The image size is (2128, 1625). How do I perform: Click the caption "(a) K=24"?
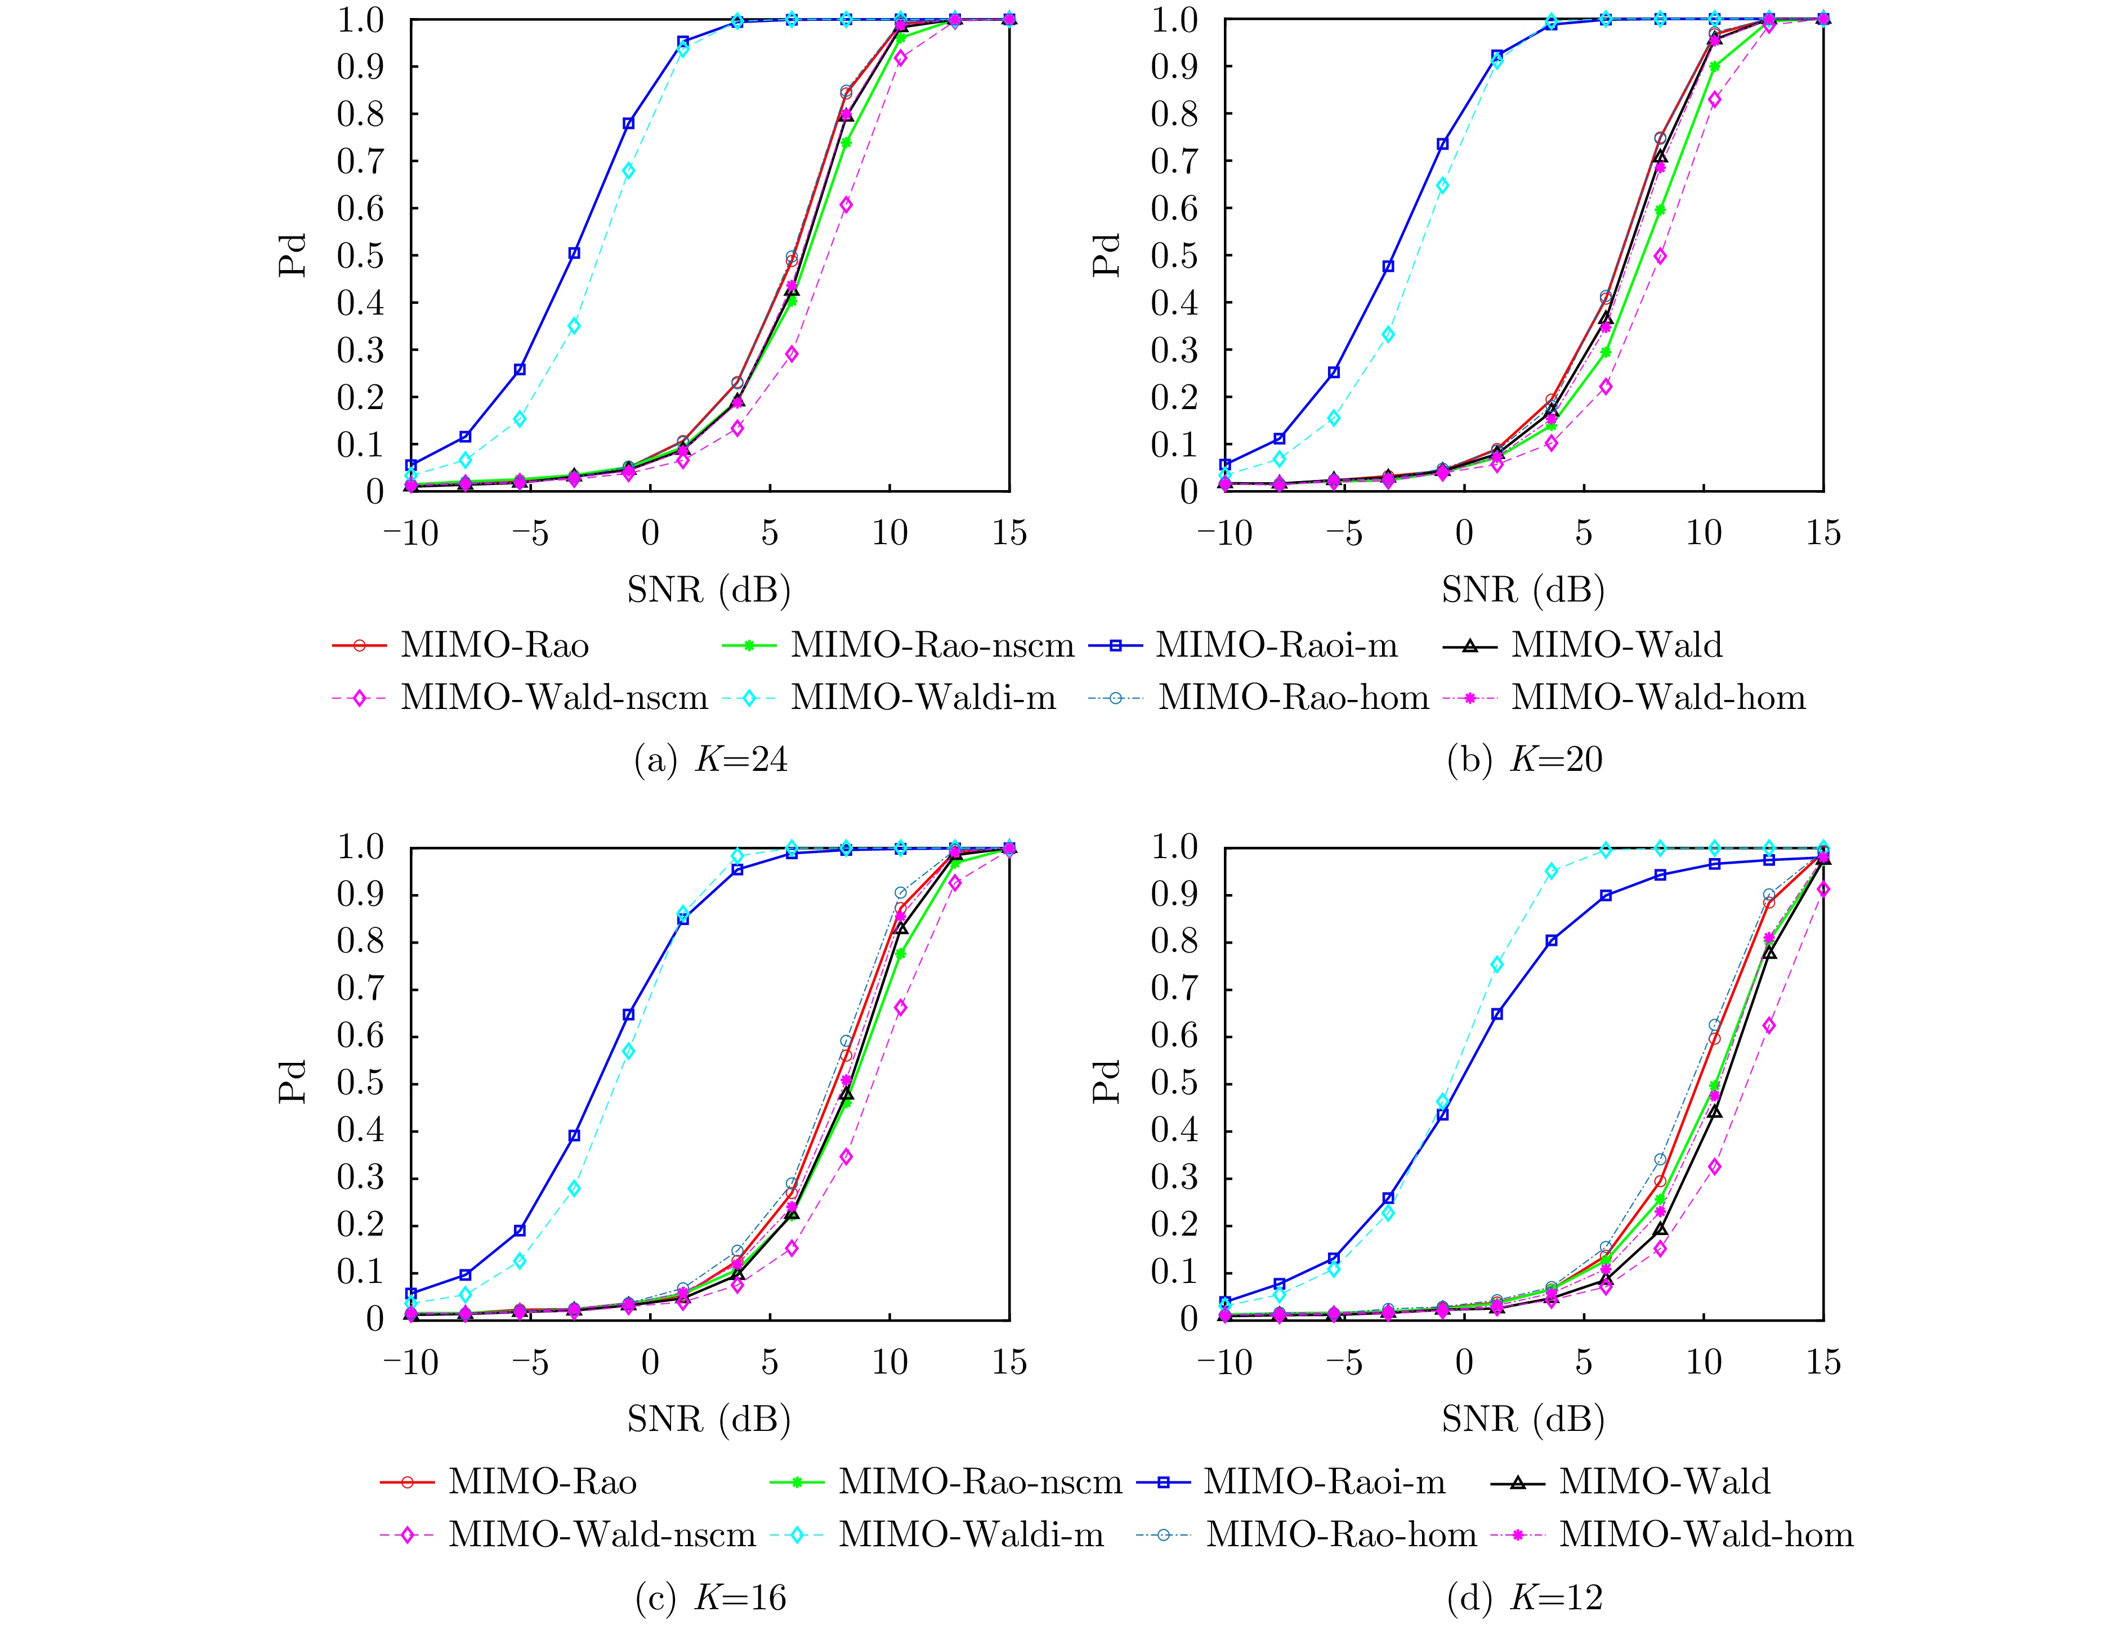coord(710,760)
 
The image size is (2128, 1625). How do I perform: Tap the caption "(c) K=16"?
coord(710,1598)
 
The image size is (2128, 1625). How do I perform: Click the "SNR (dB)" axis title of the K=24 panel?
coord(709,589)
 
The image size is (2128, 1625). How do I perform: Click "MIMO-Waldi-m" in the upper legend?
coord(923,697)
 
